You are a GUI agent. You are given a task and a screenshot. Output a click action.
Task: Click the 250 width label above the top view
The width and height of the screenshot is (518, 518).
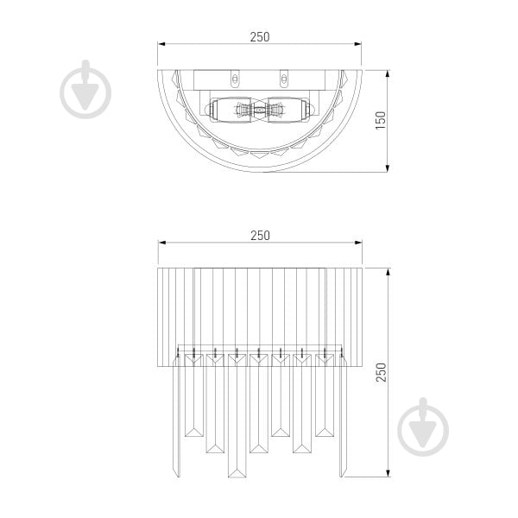[x=260, y=37]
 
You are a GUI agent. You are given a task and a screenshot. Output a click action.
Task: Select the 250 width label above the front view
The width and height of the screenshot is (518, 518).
[x=260, y=235]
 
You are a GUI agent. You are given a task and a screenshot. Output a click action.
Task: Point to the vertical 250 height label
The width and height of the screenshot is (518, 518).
[x=381, y=371]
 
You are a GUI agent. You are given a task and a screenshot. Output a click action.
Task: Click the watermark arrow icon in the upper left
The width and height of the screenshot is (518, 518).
[x=86, y=89]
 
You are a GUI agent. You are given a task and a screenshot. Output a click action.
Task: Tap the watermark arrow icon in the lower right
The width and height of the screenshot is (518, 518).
[x=423, y=426]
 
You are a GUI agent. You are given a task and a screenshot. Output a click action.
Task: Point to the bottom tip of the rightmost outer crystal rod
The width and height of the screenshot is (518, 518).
[x=343, y=477]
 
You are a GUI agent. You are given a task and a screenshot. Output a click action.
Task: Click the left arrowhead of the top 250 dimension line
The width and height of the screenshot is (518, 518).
[x=161, y=46]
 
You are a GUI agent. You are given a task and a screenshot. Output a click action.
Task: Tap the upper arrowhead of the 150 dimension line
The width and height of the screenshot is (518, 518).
[x=387, y=71]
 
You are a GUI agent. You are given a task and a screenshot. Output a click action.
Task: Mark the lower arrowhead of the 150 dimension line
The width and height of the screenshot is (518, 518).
[x=387, y=168]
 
